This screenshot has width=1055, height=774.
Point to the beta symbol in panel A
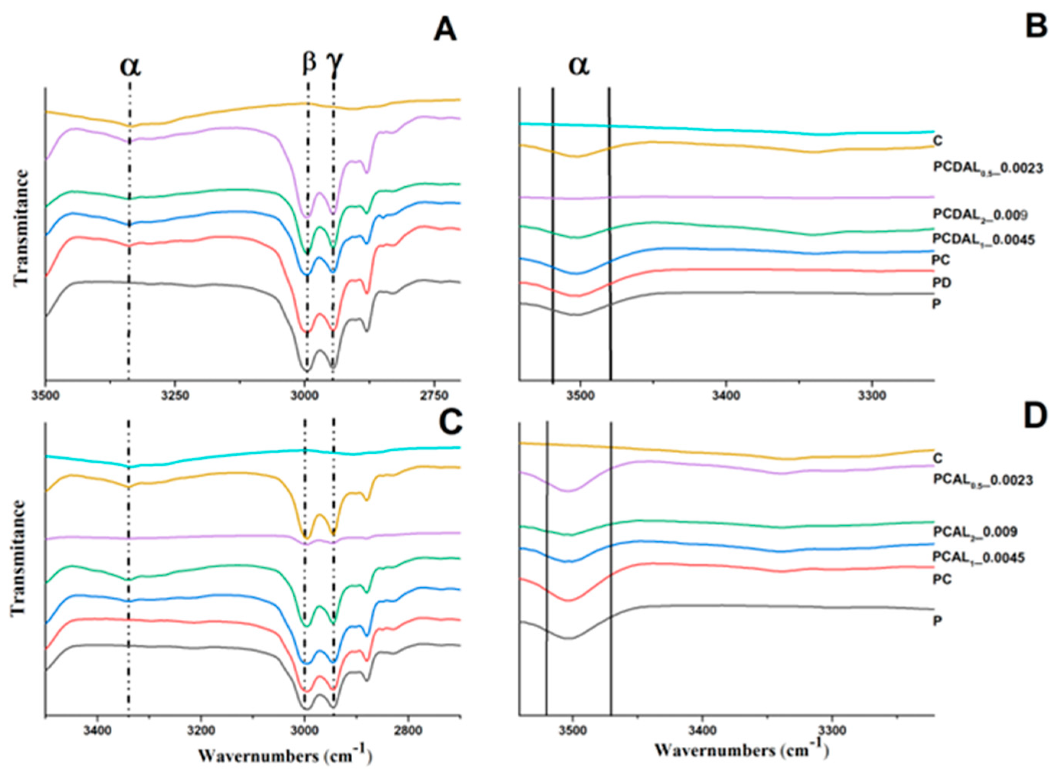[x=309, y=62]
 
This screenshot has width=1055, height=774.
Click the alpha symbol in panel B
[x=579, y=65]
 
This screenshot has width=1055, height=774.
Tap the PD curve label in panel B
[x=942, y=283]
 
